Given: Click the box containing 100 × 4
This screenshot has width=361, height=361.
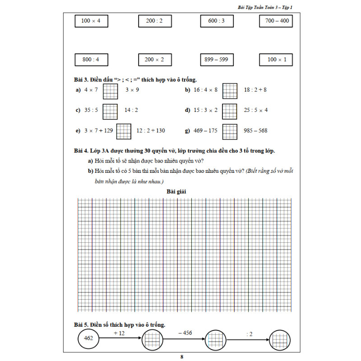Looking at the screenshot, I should click(91, 21).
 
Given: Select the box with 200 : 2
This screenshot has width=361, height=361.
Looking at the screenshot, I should click(154, 21).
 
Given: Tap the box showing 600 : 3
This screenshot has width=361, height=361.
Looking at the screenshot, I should click(216, 21).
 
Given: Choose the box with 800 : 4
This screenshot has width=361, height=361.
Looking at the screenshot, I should click(91, 60).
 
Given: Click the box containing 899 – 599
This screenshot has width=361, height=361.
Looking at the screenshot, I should click(216, 60).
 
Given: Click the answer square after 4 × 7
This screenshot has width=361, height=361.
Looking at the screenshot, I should click(110, 90).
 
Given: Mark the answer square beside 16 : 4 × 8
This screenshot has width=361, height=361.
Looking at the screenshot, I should click(230, 90).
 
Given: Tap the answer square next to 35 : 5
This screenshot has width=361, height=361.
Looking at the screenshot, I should click(110, 110).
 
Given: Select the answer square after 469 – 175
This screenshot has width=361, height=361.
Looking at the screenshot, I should click(230, 131).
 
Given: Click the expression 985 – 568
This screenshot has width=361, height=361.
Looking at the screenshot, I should click(255, 131).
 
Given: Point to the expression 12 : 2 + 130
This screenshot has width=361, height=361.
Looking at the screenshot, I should click(151, 131).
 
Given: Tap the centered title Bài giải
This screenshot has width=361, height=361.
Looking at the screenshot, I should click(176, 192).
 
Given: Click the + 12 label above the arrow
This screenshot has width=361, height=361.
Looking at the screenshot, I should click(119, 333).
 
